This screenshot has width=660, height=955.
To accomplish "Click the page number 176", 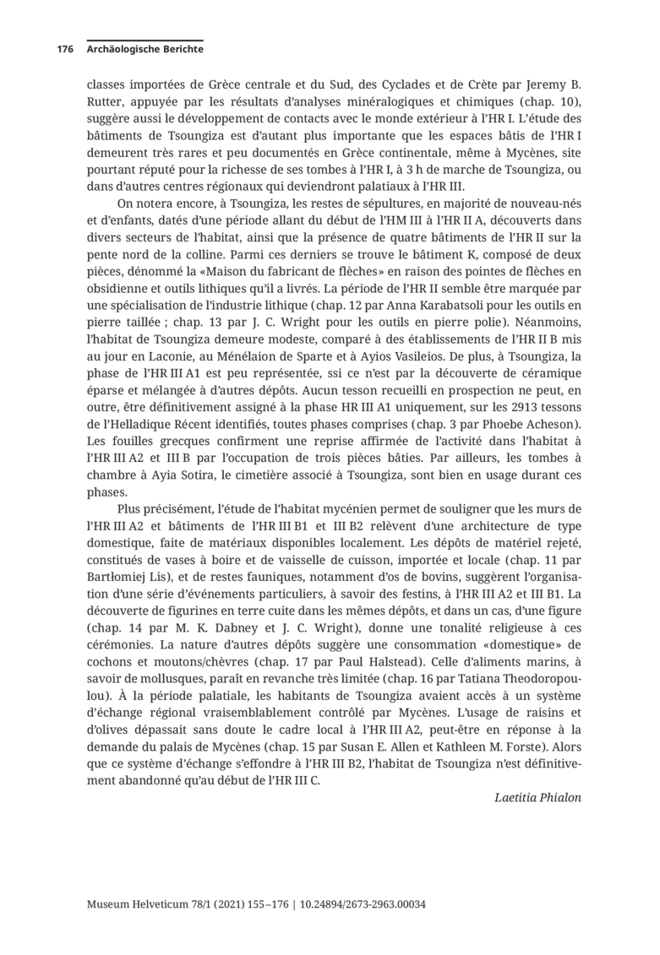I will point(65,50).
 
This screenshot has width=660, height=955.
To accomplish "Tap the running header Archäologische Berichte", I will point(145,50).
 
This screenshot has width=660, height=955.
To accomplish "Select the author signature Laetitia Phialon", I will point(538,796).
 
